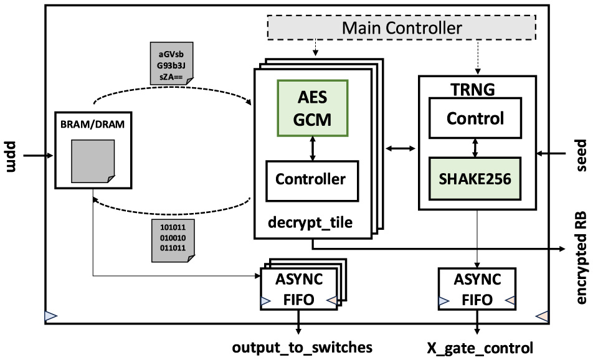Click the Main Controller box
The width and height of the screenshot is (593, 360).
[x=402, y=28]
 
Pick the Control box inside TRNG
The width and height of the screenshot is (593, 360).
[x=477, y=118]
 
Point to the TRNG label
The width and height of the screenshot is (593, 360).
[x=472, y=88]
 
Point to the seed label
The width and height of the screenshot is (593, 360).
[x=581, y=153]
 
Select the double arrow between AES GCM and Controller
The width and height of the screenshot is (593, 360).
[x=312, y=148]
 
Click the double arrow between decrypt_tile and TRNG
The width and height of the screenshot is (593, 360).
[x=401, y=148]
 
